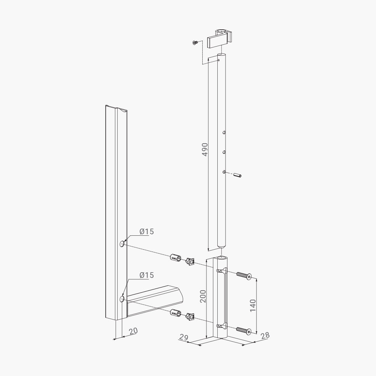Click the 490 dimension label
(205, 149)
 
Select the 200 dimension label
(203, 296)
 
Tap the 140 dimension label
(253, 305)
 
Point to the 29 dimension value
(184, 337)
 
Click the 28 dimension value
(265, 335)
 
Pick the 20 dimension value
(133, 331)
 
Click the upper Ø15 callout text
(147, 232)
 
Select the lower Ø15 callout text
(147, 275)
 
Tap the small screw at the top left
(196, 42)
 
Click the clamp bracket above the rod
(220, 38)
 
